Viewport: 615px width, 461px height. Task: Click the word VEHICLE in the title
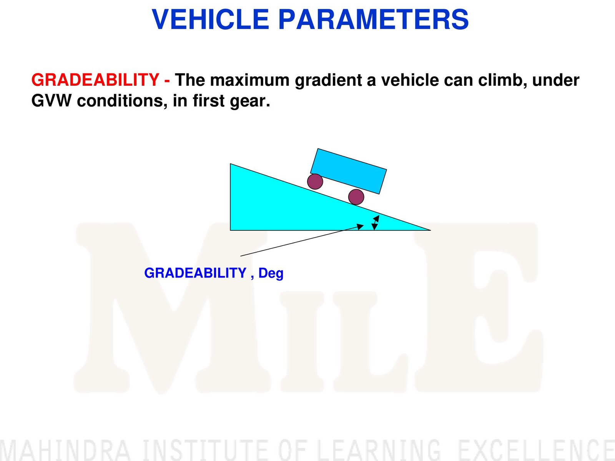(210, 19)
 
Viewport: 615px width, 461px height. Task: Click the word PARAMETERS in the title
(374, 19)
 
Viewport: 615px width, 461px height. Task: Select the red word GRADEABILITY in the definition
(95, 80)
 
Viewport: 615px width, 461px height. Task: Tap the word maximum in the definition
(249, 80)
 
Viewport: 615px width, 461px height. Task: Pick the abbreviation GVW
(51, 101)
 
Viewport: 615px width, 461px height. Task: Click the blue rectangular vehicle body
(348, 171)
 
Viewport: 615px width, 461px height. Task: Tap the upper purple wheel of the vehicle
(315, 181)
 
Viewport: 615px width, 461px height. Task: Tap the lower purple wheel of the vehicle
(356, 197)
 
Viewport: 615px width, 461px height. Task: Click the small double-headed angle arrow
(376, 223)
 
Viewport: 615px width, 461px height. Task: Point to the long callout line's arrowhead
(360, 226)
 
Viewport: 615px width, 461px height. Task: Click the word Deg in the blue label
(271, 273)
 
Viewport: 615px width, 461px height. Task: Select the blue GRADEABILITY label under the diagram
(195, 273)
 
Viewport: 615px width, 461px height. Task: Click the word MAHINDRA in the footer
(65, 450)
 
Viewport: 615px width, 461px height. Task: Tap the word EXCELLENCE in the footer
(537, 450)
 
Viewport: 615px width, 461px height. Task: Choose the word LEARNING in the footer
(379, 450)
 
